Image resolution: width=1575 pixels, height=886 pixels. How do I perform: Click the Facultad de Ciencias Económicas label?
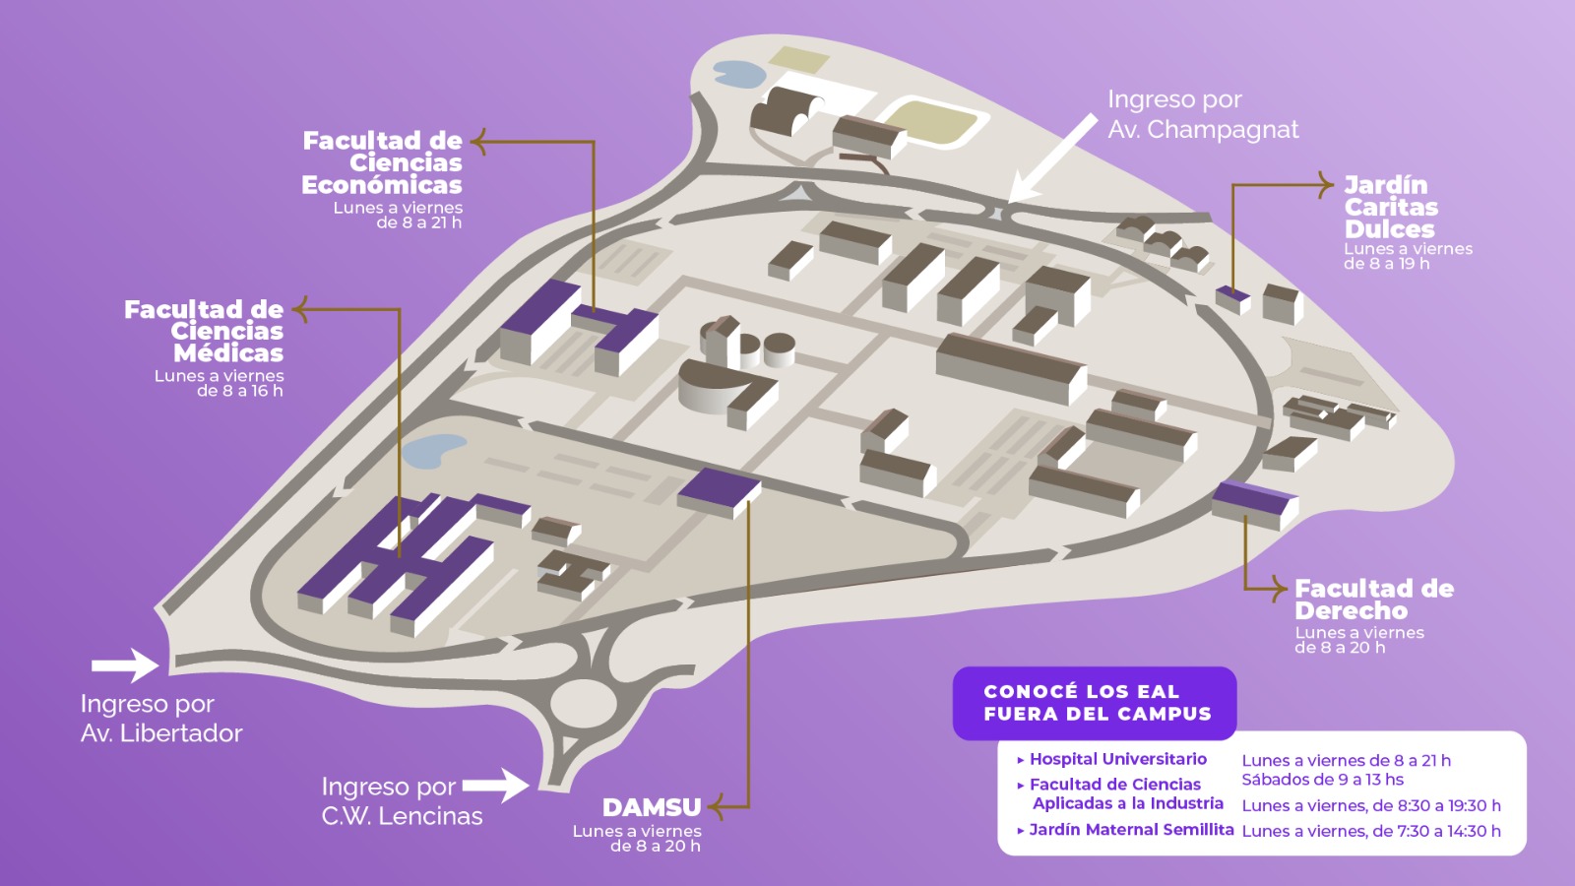tap(383, 162)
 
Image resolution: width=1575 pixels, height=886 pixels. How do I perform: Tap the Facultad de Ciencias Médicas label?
tap(204, 331)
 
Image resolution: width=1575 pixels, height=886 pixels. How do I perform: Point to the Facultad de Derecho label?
tap(1374, 600)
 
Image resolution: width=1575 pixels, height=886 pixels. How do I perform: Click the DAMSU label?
tap(652, 806)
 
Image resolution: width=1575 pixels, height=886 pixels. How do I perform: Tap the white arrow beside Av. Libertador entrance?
tap(125, 665)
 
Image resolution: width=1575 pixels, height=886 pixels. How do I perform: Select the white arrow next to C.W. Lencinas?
tap(496, 786)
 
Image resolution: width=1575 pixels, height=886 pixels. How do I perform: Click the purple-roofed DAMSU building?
tap(719, 493)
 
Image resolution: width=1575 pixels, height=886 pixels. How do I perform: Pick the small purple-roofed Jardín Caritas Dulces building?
tap(1232, 299)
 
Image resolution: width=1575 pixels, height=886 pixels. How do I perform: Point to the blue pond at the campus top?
tap(739, 74)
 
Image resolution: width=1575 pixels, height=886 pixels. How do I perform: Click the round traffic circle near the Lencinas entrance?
tap(584, 704)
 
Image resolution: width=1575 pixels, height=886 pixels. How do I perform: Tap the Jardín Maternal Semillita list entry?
tap(1125, 830)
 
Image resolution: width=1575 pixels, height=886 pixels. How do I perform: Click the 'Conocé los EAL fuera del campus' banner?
tap(1095, 703)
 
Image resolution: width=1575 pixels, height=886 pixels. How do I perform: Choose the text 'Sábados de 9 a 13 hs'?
tap(1323, 780)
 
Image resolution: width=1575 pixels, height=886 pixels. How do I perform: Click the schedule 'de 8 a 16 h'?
tap(240, 391)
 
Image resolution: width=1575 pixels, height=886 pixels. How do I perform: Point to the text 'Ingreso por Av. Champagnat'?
tap(1203, 114)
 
